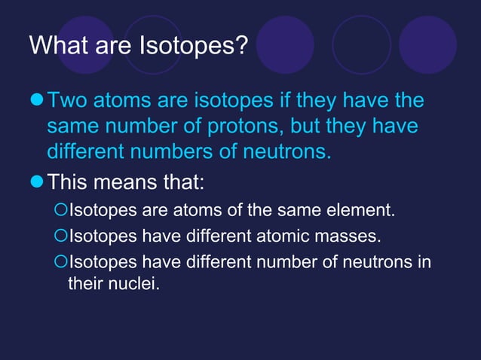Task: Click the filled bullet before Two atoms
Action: point(36,101)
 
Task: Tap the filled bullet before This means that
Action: point(36,181)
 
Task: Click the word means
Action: point(125,181)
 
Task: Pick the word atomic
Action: point(290,236)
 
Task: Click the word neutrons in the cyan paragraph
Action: point(286,153)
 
